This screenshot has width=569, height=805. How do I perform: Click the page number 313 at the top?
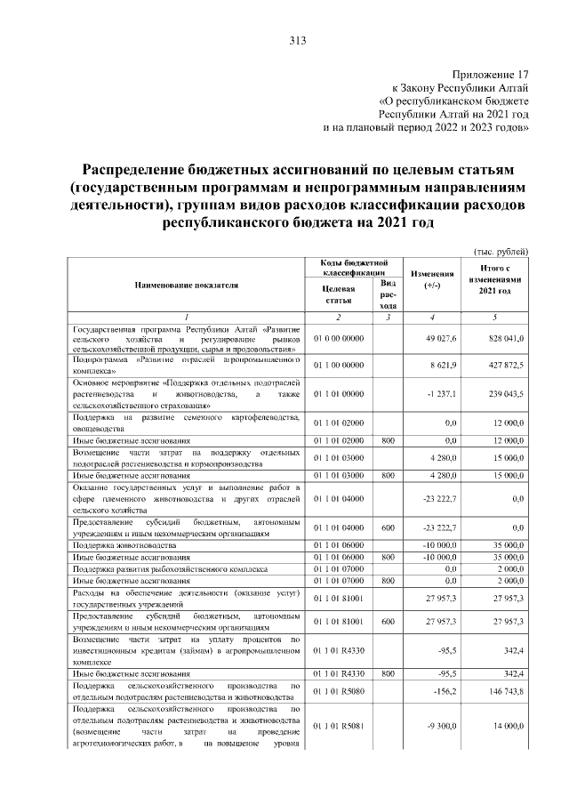[297, 40]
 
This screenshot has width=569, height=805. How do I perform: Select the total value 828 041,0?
[508, 339]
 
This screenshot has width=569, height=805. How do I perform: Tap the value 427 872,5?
[508, 365]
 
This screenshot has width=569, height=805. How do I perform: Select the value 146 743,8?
[508, 690]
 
